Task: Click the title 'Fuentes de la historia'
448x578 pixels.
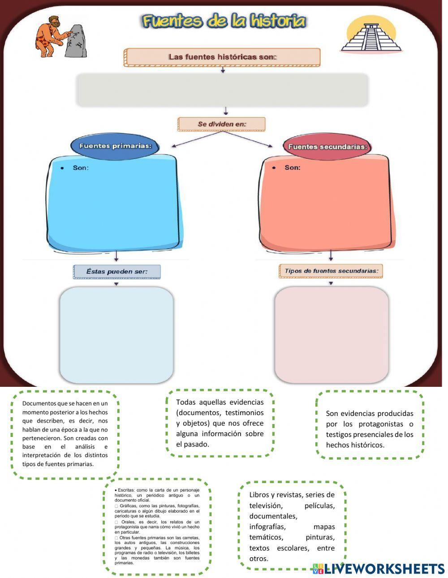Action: [224, 21]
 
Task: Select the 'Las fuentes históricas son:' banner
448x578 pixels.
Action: [222, 57]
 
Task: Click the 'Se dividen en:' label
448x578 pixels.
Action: [222, 124]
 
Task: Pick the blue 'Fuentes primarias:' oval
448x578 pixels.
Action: [116, 146]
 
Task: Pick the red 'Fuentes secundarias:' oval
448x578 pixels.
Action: [327, 146]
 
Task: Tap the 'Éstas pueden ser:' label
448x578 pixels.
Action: [116, 271]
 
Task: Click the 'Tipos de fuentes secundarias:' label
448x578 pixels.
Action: [331, 271]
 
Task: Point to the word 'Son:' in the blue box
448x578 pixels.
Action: [81, 168]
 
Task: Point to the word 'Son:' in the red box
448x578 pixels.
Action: [293, 167]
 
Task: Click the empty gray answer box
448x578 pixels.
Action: [222, 90]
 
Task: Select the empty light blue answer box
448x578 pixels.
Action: [116, 334]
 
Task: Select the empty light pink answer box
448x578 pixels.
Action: [332, 334]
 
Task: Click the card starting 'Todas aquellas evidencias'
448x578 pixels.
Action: [220, 423]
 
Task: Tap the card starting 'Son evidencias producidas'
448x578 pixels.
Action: [370, 429]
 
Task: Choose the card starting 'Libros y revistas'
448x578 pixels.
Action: [292, 526]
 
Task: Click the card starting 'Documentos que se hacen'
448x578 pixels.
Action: [65, 433]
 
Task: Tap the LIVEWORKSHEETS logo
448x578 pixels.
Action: [379, 569]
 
